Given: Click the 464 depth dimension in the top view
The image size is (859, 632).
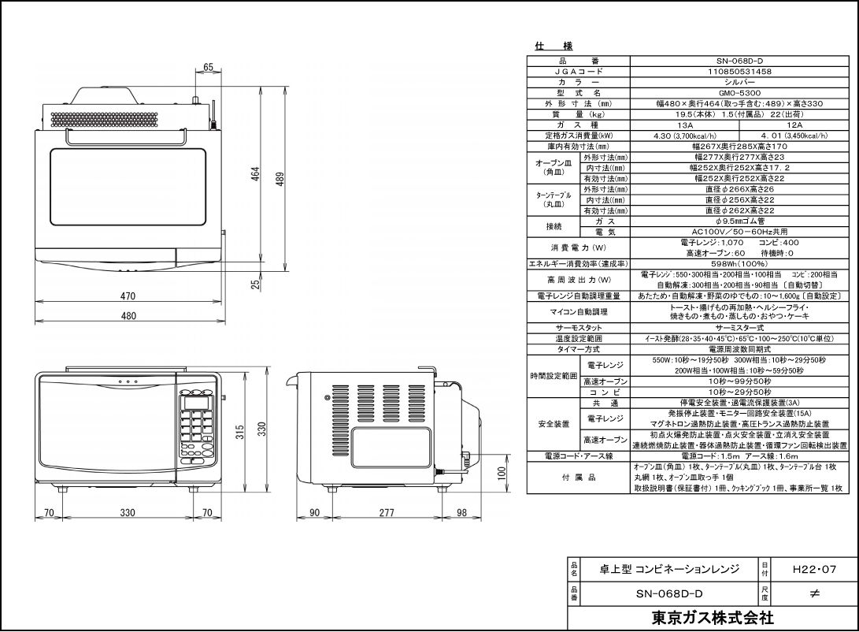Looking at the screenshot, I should tap(255, 174).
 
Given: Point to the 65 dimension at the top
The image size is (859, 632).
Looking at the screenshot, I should tap(208, 68).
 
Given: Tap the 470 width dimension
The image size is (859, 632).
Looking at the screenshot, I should tap(128, 296).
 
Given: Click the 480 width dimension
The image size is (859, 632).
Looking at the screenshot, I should tap(128, 316).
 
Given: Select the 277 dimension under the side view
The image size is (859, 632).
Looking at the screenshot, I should tap(386, 513).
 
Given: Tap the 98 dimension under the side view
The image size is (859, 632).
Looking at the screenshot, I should tap(462, 513).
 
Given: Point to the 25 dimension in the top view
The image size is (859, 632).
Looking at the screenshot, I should tap(256, 284).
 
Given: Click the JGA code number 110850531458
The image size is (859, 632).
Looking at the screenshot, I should tap(739, 71).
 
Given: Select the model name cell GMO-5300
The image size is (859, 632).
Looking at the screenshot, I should tap(739, 92).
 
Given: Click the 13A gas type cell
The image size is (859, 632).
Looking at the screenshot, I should tap(684, 125).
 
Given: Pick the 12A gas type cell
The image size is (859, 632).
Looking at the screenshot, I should tap(794, 125).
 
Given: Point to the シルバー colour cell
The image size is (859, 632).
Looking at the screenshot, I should tap(739, 82).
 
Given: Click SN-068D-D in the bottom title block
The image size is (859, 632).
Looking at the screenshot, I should tap(669, 593).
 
